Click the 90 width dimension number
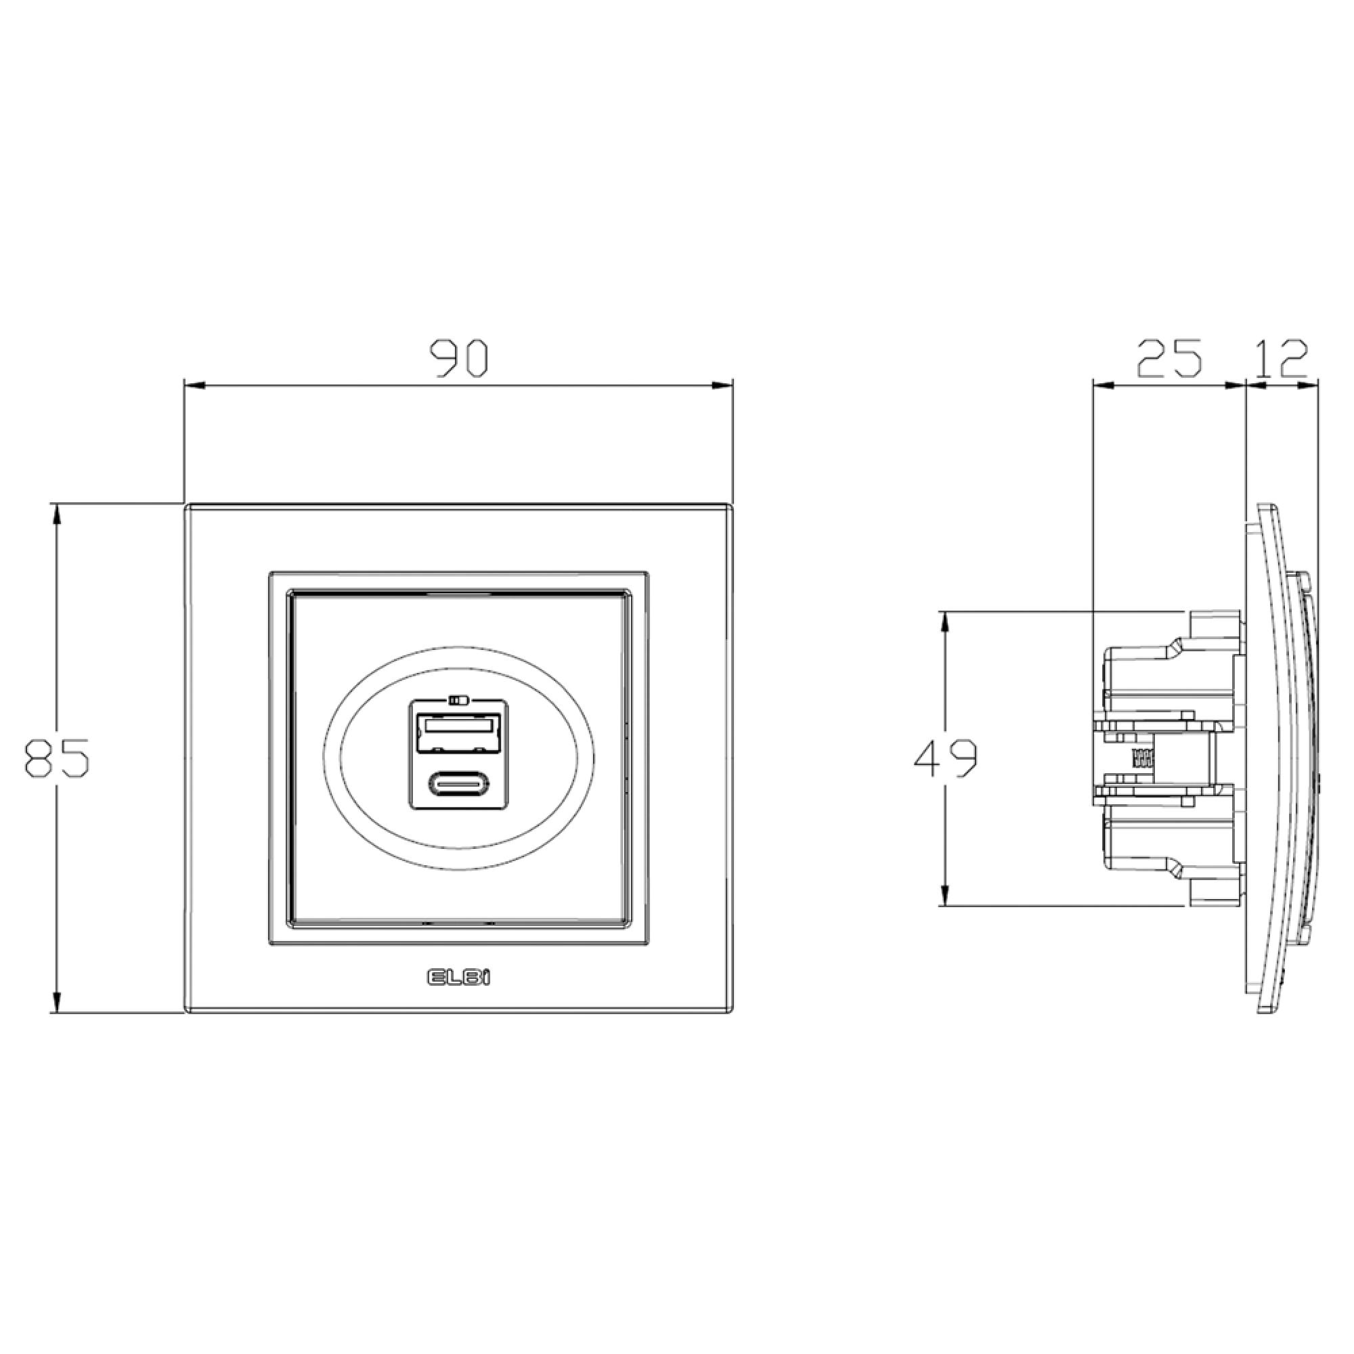pyautogui.click(x=458, y=358)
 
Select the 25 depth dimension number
pyautogui.click(x=1169, y=358)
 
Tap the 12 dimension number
pyautogui.click(x=1280, y=358)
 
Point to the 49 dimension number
pyautogui.click(x=945, y=758)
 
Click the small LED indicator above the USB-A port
pyautogui.click(x=459, y=699)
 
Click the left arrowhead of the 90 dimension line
pyautogui.click(x=194, y=385)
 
